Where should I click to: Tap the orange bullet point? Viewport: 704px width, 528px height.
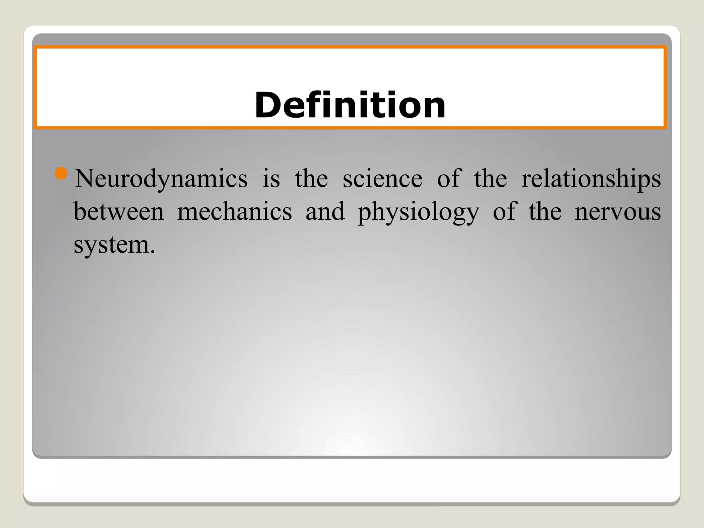coord(61,174)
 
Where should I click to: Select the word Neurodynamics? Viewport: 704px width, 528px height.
coord(161,179)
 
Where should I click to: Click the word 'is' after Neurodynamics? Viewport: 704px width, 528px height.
coord(271,179)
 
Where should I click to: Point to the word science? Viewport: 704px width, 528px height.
coord(382,179)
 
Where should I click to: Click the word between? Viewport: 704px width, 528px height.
coord(119,211)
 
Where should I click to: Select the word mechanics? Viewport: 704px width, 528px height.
coord(234,211)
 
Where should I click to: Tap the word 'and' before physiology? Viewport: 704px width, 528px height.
coord(325,211)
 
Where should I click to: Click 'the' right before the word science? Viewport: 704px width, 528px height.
coord(311,179)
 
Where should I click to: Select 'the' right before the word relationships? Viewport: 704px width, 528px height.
coord(491,179)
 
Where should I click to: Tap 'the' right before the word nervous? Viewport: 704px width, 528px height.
coord(545,211)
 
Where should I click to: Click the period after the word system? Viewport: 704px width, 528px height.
coord(152,252)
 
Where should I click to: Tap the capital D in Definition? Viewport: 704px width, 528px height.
coord(266,105)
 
